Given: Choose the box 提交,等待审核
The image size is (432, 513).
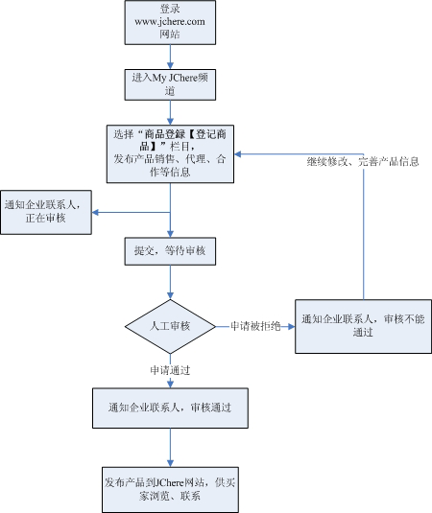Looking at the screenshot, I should click(171, 251).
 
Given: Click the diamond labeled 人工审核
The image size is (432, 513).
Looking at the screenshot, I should click(171, 327).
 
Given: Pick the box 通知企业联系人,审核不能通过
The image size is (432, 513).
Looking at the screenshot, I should click(362, 325).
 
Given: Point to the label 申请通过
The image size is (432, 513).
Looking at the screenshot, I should click(170, 369).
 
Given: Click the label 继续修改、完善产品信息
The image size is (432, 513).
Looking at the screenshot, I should click(363, 160).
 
